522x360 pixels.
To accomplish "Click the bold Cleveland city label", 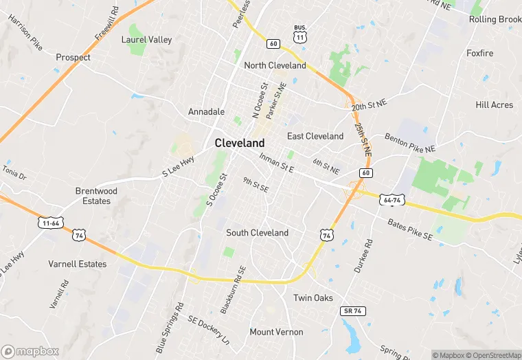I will coord(240,143).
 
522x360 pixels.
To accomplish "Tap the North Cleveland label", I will coord(275,65).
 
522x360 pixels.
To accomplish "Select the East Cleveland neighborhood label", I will coord(315,136).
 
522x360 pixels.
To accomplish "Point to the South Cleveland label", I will coord(258,233).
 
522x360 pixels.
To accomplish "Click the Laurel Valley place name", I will coord(146,40).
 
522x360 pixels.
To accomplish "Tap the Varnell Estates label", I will coord(78,264).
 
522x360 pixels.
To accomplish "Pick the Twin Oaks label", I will coord(313,297).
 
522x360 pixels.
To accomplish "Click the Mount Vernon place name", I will coord(276,332).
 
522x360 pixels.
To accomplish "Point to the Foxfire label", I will coord(480,53).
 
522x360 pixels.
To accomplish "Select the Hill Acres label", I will coord(495,104).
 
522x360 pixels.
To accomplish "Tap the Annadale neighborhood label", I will coord(206,111).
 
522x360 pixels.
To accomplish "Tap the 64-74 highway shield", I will coord(393,200).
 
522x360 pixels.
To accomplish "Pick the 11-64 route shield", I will coord(49,224).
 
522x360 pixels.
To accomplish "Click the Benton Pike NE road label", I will coord(410,143).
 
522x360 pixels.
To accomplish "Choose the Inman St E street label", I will coord(277,162).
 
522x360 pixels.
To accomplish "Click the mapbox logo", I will coord(31,351).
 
